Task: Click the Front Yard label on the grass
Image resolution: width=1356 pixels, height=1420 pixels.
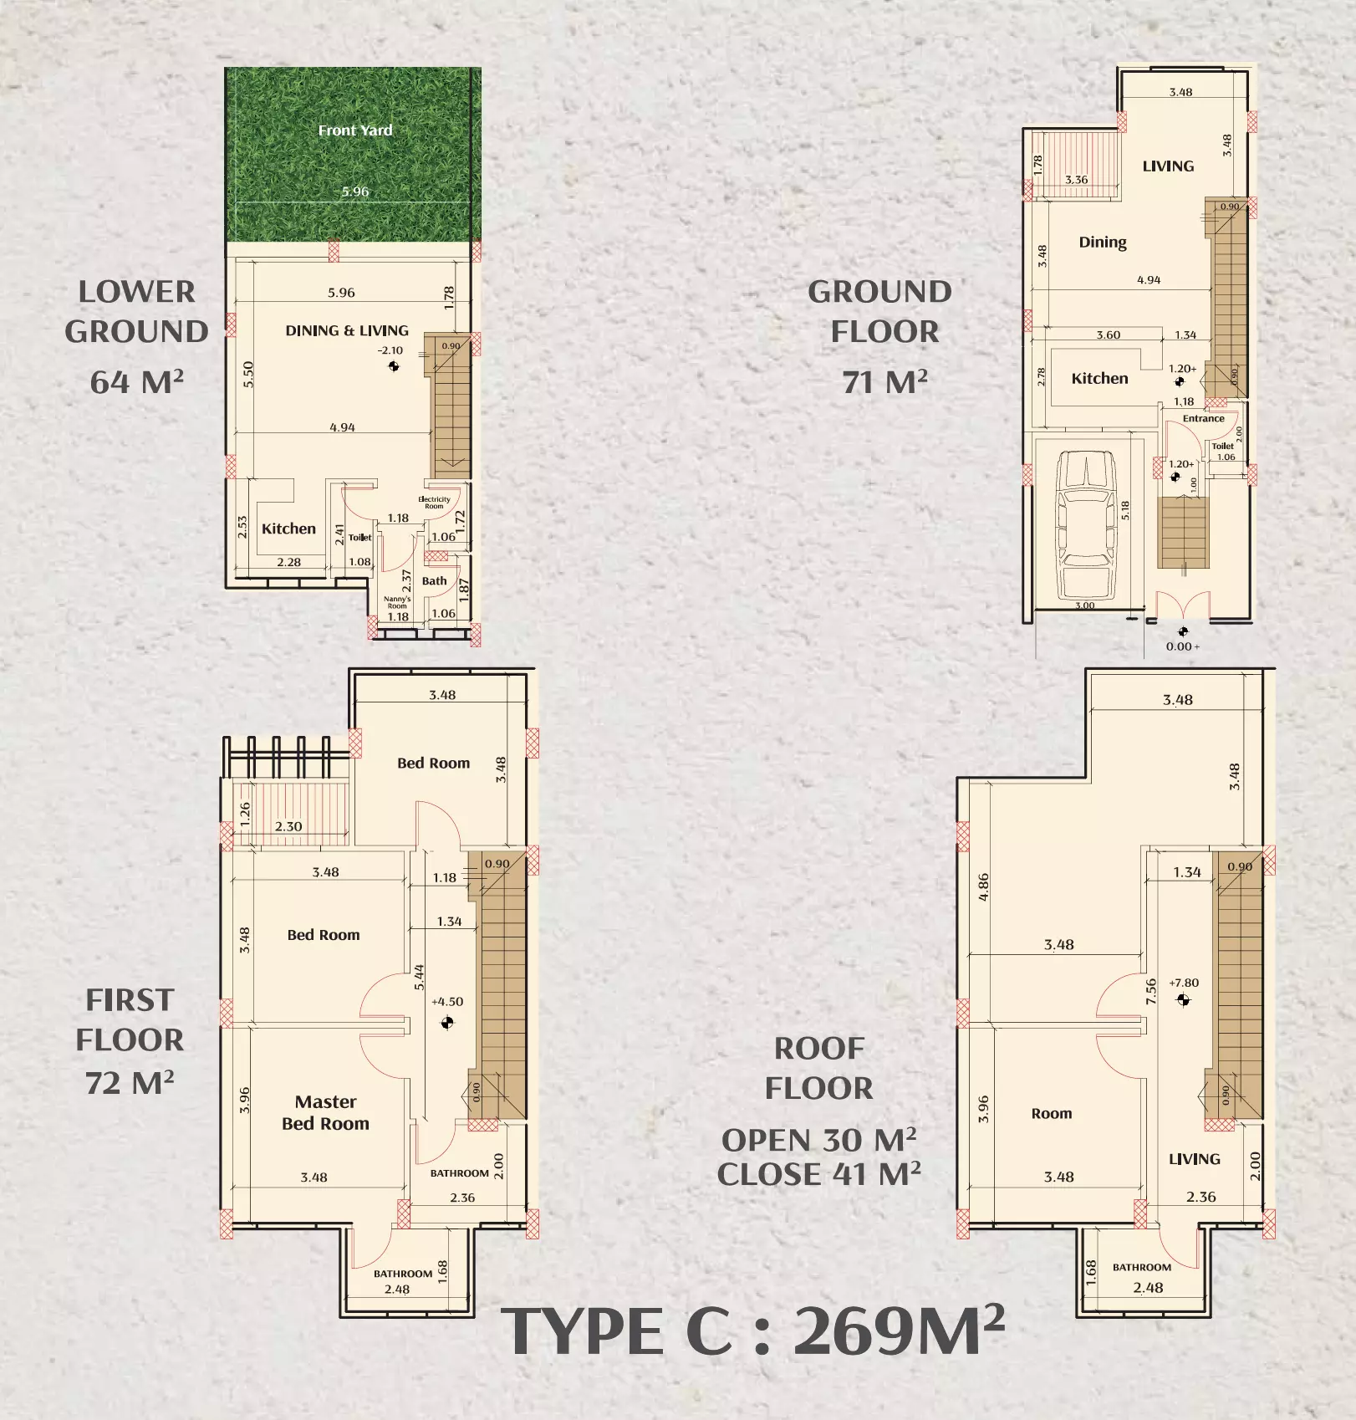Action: coord(355,130)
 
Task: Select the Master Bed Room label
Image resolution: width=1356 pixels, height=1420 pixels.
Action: coord(325,1113)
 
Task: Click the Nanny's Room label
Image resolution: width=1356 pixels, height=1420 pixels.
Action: coord(397,602)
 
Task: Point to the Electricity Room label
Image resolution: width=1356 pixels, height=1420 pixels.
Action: coord(434,503)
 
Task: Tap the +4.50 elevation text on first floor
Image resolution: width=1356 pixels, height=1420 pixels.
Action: coord(447,1002)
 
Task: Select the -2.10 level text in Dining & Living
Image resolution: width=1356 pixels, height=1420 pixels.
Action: coord(390,351)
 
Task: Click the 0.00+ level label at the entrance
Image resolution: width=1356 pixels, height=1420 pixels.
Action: coord(1182,646)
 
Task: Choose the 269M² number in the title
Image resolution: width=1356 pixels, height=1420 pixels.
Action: coord(898,1331)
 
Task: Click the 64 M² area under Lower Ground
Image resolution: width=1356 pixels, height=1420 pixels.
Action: coord(137,382)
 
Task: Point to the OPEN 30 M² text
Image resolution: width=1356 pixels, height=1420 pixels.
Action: coord(818,1141)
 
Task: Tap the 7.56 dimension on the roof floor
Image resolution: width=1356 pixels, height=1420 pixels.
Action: coord(1151,991)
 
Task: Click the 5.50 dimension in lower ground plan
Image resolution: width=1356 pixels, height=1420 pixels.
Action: coord(248,374)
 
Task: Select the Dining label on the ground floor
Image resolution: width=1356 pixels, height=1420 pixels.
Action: coord(1102,243)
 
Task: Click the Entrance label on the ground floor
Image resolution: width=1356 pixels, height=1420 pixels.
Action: coord(1203,418)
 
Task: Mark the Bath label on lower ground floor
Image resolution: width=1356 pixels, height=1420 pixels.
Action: coord(434,581)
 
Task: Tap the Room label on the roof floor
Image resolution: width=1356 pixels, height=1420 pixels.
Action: coord(1051,1114)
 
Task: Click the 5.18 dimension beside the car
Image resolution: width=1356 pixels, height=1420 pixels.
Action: coord(1125,510)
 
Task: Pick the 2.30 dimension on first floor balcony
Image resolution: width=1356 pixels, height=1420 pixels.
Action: coord(288,826)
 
